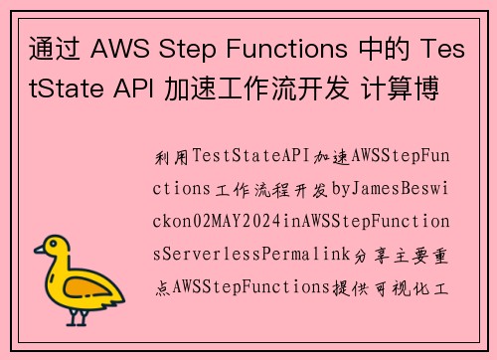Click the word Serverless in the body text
[210, 254]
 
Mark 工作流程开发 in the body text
[278, 188]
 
